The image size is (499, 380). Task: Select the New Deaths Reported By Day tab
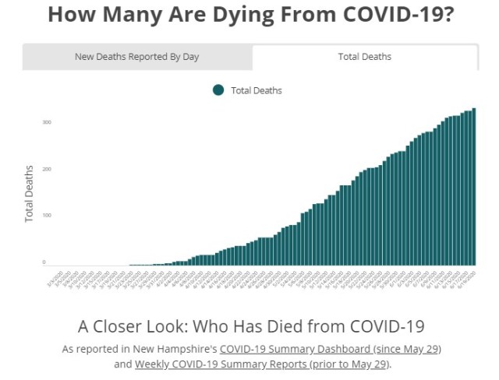[x=137, y=57]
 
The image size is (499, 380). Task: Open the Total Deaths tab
[x=364, y=57]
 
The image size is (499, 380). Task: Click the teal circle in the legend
[x=218, y=90]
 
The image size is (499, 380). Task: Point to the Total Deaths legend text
[x=257, y=90]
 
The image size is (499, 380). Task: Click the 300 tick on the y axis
[x=47, y=122]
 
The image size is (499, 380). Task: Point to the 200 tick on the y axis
[x=47, y=169]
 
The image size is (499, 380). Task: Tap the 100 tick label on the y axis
[x=47, y=216]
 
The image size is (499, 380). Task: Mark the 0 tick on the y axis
[x=44, y=262]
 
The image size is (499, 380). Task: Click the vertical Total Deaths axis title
[x=30, y=194]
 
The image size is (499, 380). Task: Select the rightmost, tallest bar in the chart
[x=473, y=187]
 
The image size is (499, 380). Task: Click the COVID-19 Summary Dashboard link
[x=331, y=349]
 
